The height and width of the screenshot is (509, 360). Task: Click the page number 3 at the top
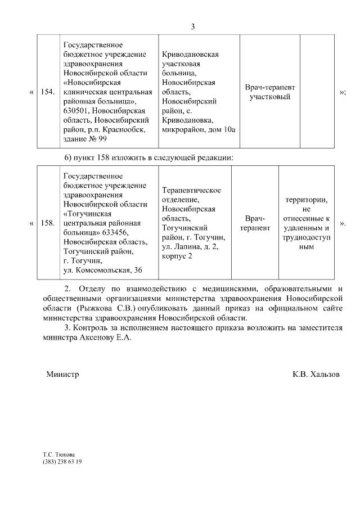(193, 26)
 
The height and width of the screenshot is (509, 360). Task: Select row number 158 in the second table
(48, 223)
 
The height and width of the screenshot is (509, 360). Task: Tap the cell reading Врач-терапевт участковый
(270, 92)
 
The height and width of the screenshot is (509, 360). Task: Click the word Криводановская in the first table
(190, 55)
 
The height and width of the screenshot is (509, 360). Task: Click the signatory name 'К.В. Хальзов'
(316, 374)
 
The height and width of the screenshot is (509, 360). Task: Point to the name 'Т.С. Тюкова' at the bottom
(58, 454)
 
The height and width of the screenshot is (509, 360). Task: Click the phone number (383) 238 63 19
(62, 462)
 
